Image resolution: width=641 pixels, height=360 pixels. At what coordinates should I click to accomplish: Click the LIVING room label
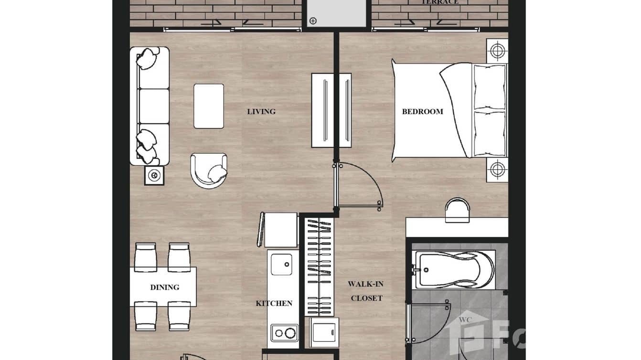261,112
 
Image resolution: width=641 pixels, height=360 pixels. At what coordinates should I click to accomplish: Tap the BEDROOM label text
422,112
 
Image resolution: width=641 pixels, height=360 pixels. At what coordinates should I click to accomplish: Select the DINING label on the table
165,287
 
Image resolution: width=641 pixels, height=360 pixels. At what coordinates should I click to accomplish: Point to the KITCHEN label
274,303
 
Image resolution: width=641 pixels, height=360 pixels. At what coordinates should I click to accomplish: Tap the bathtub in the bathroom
455,270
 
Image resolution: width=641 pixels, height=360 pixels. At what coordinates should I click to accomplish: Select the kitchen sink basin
281,264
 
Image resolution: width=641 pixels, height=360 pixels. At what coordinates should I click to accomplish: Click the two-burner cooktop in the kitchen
284,333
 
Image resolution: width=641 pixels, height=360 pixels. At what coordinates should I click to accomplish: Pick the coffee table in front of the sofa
209,106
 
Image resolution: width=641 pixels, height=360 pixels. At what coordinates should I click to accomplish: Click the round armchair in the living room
209,170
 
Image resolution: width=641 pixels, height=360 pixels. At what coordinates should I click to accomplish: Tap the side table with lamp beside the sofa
154,175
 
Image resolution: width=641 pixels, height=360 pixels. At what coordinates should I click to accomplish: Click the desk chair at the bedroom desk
457,211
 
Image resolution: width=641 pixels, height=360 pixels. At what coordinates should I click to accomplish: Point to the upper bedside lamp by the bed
497,50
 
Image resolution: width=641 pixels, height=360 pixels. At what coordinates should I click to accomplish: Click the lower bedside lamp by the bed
497,169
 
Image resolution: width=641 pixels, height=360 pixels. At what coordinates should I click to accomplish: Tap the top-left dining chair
145,256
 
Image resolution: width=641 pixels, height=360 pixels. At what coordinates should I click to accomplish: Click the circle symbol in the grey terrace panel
313,21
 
